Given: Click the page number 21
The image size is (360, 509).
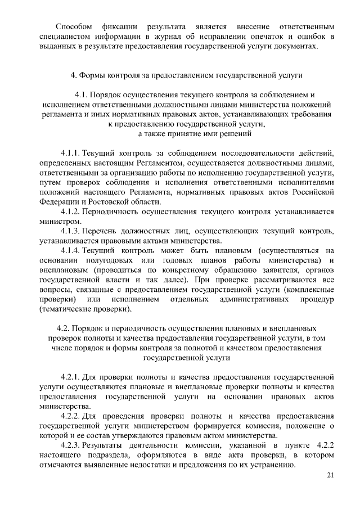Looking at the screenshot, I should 330,476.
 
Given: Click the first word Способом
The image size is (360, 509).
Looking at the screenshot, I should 74,26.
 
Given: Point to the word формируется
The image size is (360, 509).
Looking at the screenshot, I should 199,425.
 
